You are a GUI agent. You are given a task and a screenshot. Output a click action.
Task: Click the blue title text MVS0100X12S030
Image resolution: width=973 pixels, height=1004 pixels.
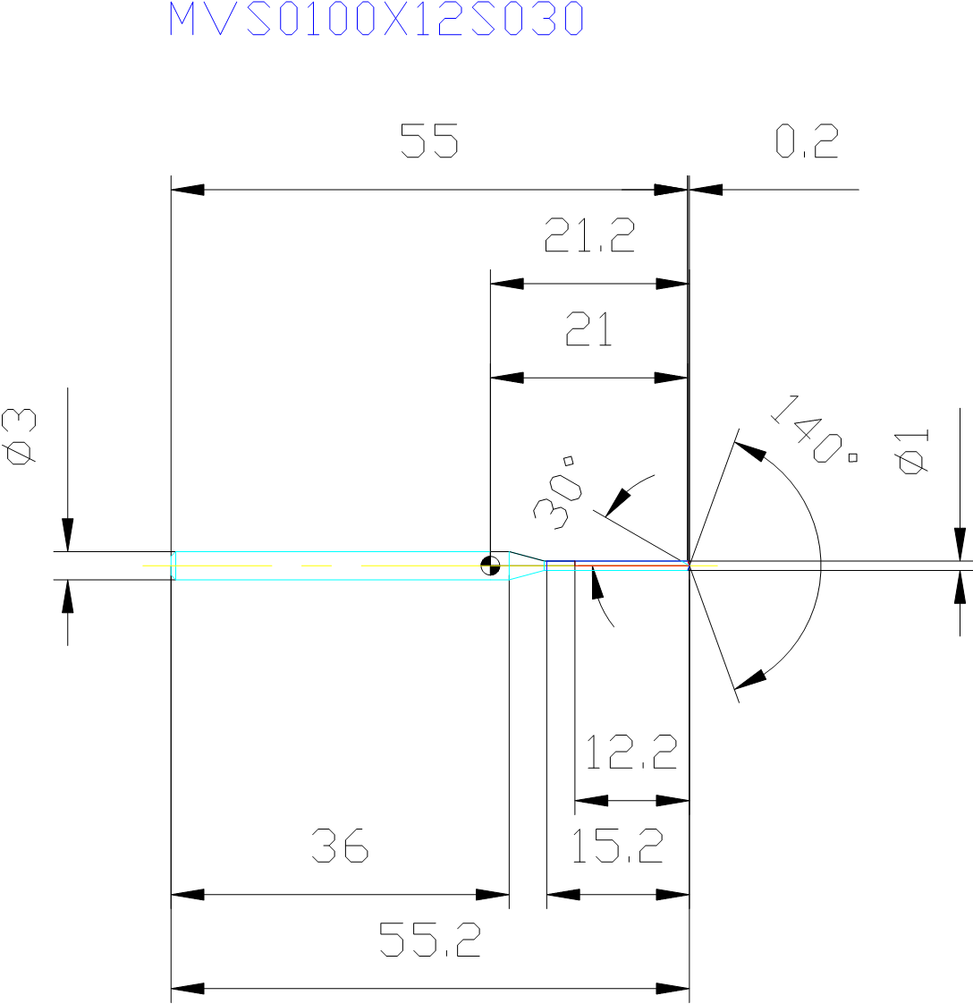pyautogui.click(x=377, y=20)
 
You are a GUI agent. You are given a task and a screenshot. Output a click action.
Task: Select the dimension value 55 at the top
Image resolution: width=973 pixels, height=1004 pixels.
pyautogui.click(x=429, y=141)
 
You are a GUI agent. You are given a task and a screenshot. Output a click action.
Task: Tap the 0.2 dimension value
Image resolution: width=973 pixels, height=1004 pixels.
pyautogui.click(x=807, y=141)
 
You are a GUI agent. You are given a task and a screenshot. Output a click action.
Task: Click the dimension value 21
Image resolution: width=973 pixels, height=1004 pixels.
pyautogui.click(x=589, y=330)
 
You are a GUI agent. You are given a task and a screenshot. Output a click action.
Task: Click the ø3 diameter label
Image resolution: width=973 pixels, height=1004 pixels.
pyautogui.click(x=21, y=437)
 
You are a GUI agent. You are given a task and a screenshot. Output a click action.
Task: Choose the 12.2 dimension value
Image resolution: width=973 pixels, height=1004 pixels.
pyautogui.click(x=631, y=753)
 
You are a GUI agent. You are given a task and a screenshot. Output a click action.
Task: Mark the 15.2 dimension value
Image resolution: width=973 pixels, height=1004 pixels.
pyautogui.click(x=617, y=847)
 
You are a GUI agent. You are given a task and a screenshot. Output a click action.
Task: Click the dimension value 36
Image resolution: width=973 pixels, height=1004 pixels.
pyautogui.click(x=340, y=847)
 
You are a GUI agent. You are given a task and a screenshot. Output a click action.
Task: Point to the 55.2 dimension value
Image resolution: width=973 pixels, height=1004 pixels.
pyautogui.click(x=429, y=940)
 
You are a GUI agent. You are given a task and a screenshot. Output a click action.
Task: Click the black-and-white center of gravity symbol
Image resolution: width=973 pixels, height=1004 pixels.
pyautogui.click(x=490, y=566)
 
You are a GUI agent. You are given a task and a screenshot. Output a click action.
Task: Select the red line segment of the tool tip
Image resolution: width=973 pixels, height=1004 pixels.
pyautogui.click(x=630, y=566)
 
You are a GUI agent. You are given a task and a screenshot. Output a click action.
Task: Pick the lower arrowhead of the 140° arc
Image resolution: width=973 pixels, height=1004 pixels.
pyautogui.click(x=751, y=679)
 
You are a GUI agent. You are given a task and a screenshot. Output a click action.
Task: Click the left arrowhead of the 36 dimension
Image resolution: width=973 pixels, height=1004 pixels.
pyautogui.click(x=187, y=894)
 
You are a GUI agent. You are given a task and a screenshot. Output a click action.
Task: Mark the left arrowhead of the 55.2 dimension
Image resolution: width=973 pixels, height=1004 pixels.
pyautogui.click(x=187, y=989)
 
